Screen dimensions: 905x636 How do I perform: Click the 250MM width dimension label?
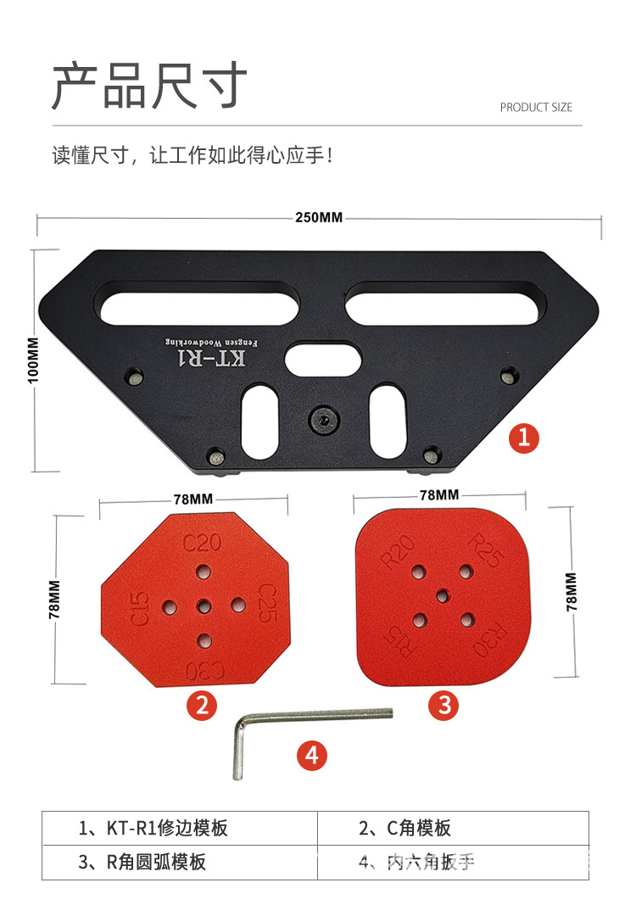(x=319, y=217)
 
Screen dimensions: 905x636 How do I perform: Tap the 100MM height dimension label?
(x=34, y=360)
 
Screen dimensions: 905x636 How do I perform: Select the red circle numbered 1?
(x=524, y=438)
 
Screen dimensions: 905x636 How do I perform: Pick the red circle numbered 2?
(x=202, y=705)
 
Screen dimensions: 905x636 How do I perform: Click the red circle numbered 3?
(x=444, y=704)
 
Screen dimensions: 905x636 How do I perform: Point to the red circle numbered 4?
(x=312, y=754)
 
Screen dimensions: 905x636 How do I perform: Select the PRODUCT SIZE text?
(x=536, y=107)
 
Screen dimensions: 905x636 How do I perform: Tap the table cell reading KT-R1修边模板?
(x=153, y=828)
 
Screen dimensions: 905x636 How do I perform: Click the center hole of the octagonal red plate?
(x=203, y=606)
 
